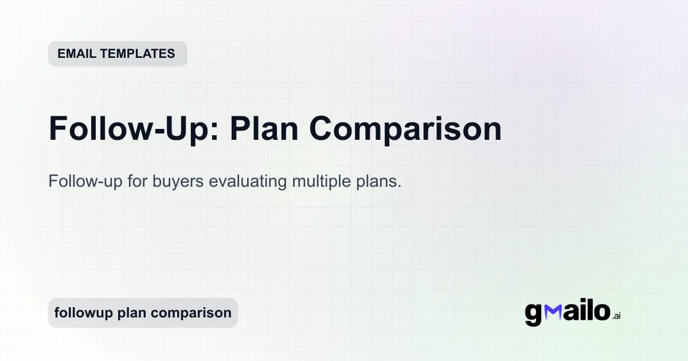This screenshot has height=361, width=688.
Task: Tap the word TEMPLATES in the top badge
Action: click(x=139, y=54)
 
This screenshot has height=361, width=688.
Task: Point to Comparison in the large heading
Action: click(x=406, y=129)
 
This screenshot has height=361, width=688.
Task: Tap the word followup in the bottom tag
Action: click(x=83, y=313)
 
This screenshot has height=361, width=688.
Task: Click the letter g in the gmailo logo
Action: click(x=533, y=313)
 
